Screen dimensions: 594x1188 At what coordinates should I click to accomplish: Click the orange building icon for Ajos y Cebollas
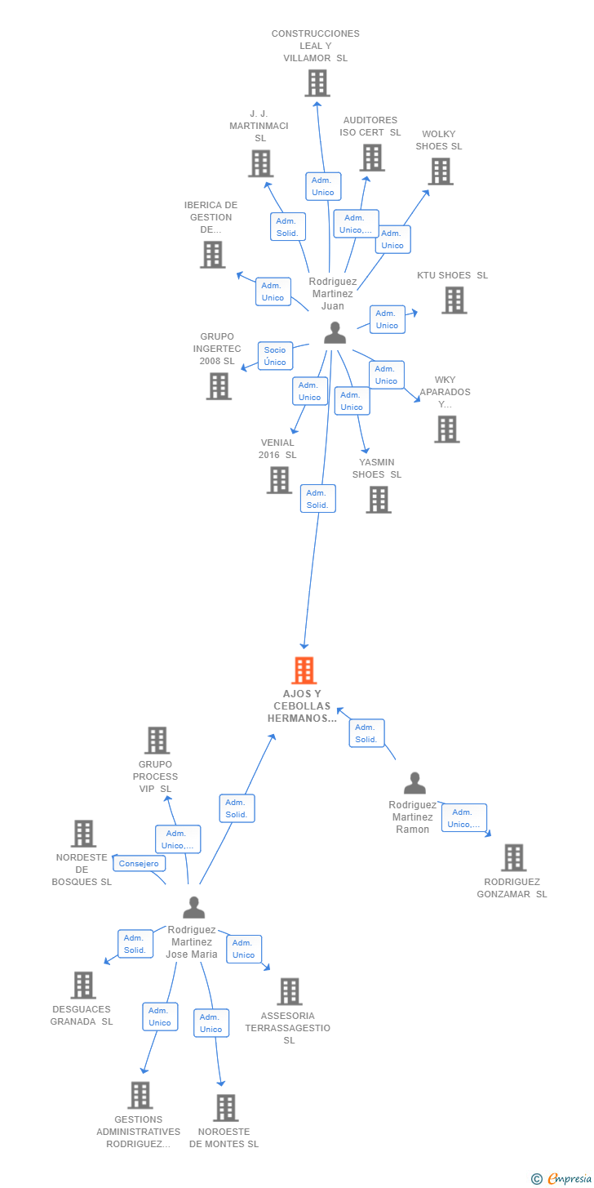pos(304,670)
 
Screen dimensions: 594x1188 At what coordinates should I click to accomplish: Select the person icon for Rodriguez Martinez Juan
pos(335,332)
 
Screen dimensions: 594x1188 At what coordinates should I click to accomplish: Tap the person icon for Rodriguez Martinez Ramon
pos(414,783)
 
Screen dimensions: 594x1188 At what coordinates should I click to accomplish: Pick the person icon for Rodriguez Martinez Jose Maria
pos(193,907)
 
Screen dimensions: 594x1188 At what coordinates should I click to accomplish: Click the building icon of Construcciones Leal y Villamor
pos(317,82)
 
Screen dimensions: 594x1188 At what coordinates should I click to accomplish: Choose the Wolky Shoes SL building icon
pos(441,171)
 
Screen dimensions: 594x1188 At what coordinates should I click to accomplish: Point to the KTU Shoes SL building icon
pos(454,300)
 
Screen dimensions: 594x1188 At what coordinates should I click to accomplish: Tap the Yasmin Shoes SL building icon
pos(378,499)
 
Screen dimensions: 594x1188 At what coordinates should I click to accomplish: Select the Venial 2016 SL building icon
pos(279,480)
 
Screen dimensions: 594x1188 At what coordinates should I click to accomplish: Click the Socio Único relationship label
pos(275,356)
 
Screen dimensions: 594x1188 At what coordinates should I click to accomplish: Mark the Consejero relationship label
pos(139,863)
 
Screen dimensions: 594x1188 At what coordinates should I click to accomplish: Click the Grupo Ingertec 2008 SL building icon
pos(219,386)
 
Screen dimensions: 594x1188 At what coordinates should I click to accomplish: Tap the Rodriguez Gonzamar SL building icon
pos(513,857)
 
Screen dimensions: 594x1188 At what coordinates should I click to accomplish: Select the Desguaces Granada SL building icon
pos(83,985)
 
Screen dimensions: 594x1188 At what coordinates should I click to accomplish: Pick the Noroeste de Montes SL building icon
pos(225,1107)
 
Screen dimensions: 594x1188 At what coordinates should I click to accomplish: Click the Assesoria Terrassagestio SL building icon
pos(289,991)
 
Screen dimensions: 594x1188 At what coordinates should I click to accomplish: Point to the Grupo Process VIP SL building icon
pos(157,740)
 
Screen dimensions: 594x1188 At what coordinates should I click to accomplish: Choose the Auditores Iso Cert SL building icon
pos(372,158)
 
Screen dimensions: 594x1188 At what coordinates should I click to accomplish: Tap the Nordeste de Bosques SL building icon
pos(83,834)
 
